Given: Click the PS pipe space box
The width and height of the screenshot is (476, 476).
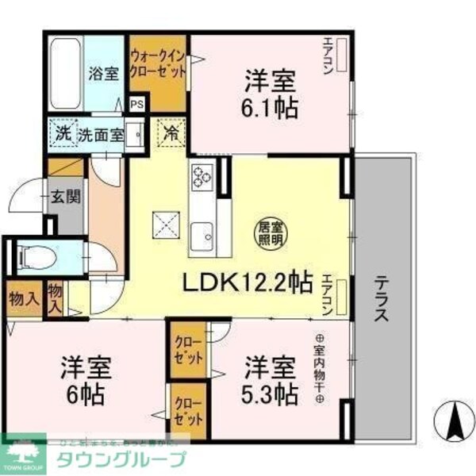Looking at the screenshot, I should pyautogui.click(x=137, y=103).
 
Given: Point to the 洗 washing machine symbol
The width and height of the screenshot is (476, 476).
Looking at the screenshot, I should pyautogui.click(x=62, y=133).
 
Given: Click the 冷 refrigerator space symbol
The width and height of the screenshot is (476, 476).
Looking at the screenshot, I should pyautogui.click(x=171, y=132).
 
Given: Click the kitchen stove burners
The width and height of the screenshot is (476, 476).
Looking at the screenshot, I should pyautogui.click(x=202, y=176).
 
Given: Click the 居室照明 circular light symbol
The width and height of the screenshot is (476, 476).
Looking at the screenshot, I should pyautogui.click(x=270, y=231).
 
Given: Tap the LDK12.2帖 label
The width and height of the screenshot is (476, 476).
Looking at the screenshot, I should pyautogui.click(x=247, y=282).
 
